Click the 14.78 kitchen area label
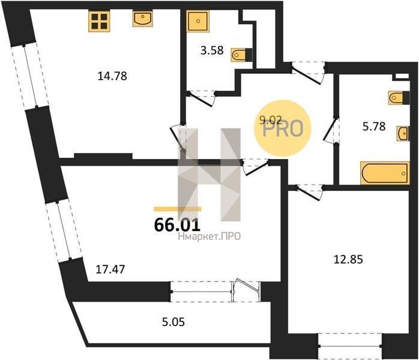tap(112, 76)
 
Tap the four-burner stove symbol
tap(99, 21)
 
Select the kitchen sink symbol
tap(143, 19)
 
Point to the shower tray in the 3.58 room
tap(197, 21)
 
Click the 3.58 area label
tap(212, 50)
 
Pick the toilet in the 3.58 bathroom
tap(241, 55)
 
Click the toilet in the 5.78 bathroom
tap(399, 98)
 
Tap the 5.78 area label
tap(374, 127)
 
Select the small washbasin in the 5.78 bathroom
tap(402, 133)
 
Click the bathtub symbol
tap(385, 173)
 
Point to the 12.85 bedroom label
tap(348, 259)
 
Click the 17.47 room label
tap(110, 269)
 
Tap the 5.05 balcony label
tap(173, 322)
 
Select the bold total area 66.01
tap(177, 225)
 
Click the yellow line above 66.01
tap(178, 209)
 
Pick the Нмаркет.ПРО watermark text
tap(209, 236)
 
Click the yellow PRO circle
tap(283, 128)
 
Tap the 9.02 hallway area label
tap(271, 121)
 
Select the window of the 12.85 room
tap(350, 346)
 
